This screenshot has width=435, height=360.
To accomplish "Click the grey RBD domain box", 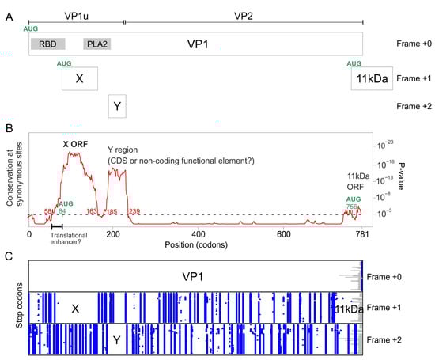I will [x=47, y=45].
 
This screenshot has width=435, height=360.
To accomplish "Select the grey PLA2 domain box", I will [x=96, y=45].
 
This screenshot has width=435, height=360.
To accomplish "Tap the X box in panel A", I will [x=78, y=79].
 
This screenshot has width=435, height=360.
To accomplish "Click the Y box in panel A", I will [x=117, y=105].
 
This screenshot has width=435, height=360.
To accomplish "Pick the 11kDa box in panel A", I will [x=371, y=79].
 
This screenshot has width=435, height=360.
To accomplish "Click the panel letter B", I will [x=7, y=127].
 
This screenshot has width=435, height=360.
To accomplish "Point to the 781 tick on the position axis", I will [x=361, y=234].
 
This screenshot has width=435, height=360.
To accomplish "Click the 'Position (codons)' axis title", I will [x=195, y=245].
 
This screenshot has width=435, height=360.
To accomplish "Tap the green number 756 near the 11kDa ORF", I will [x=350, y=206].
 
